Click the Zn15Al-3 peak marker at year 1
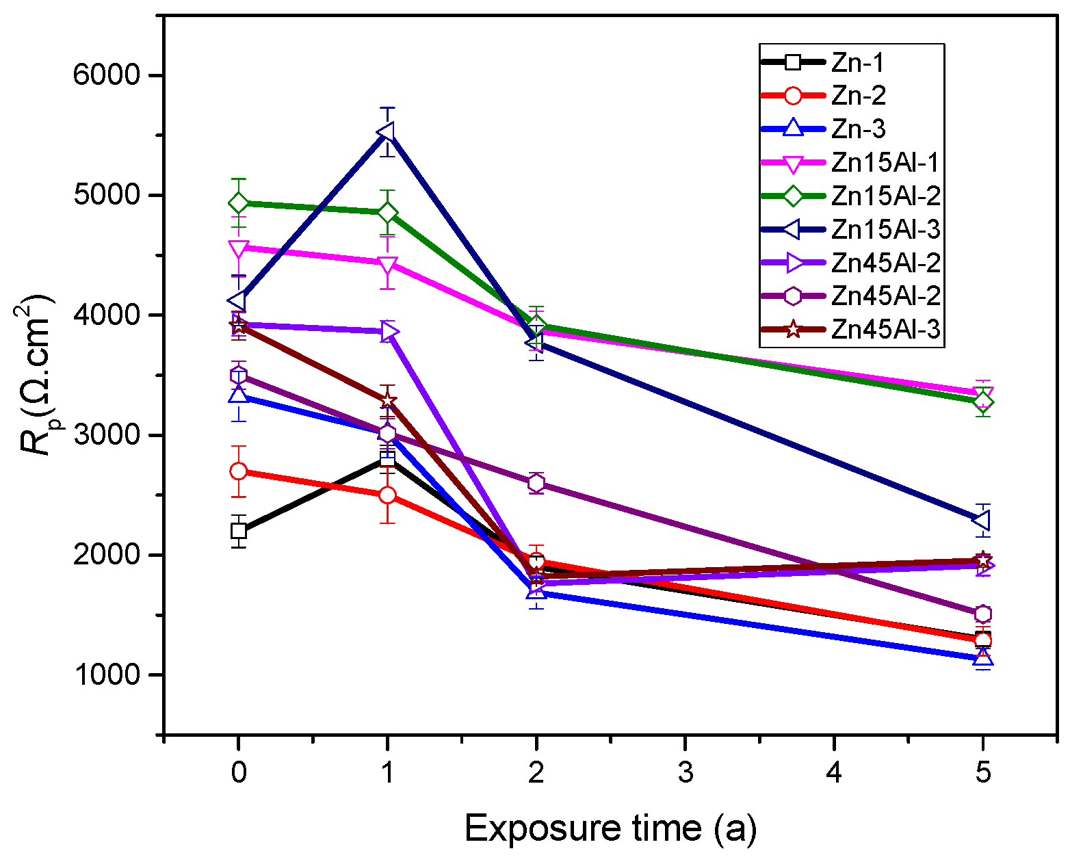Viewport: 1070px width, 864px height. [387, 131]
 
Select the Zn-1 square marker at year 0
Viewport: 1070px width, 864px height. [238, 530]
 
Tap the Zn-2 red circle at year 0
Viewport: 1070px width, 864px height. [238, 471]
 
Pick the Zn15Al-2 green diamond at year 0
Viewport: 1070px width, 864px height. [238, 203]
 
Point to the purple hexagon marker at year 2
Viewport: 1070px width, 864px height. [536, 482]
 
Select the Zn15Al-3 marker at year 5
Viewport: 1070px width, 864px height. [982, 521]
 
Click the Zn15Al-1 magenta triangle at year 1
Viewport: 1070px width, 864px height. [387, 264]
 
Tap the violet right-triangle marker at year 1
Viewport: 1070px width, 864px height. [389, 332]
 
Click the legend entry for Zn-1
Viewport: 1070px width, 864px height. [858, 62]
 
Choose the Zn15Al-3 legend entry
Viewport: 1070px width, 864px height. [886, 229]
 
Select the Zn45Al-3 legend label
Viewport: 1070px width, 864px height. [886, 330]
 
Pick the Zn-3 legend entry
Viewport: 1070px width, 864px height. [858, 129]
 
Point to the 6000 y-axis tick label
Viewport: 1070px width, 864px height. [106, 75]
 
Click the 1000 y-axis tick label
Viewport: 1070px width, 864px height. [106, 675]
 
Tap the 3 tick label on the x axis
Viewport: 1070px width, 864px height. [685, 772]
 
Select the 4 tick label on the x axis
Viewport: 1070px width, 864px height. [834, 772]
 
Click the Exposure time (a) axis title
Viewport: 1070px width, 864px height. [610, 828]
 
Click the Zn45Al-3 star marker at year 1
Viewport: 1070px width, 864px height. [387, 400]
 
